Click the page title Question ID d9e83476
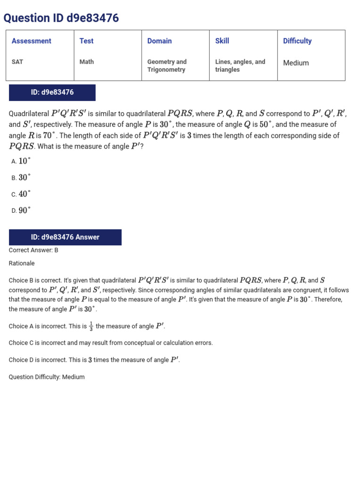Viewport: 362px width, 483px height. pos(61,18)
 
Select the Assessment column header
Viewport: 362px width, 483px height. pos(32,41)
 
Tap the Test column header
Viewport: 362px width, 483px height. pos(87,41)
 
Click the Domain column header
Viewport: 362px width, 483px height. pos(159,41)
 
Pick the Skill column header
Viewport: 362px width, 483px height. pos(222,41)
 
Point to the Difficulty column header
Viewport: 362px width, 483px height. pos(297,41)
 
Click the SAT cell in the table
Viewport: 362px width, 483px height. pos(17,62)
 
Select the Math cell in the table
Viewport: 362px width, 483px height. pos(87,62)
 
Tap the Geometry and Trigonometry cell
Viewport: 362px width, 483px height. pos(167,66)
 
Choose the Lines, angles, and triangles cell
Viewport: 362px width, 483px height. pos(240,66)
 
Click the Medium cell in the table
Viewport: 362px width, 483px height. pos(296,63)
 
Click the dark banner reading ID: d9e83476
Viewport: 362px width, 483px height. pos(52,92)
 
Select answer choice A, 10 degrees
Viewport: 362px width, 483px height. pos(21,161)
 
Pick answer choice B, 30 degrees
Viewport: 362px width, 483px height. pos(21,178)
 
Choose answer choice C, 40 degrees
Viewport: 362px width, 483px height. pos(21,194)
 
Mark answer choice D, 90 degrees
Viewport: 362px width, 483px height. pos(21,211)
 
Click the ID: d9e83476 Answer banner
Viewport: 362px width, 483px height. pos(65,237)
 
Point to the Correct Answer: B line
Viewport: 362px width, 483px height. pos(33,250)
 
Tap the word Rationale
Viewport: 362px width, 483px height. pos(22,263)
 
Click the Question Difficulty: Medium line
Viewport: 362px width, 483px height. pos(47,377)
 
